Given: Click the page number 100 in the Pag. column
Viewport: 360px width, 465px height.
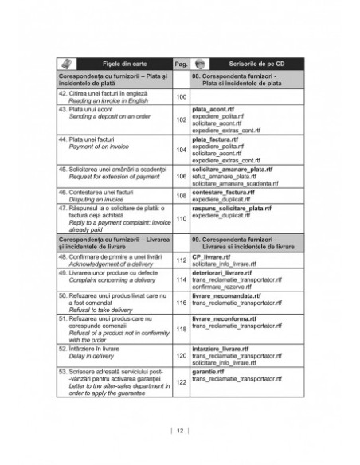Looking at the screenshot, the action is [x=180, y=97].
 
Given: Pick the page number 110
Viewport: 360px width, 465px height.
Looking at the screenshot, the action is [x=180, y=219].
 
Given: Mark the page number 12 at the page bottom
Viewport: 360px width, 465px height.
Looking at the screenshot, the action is [x=180, y=430].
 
